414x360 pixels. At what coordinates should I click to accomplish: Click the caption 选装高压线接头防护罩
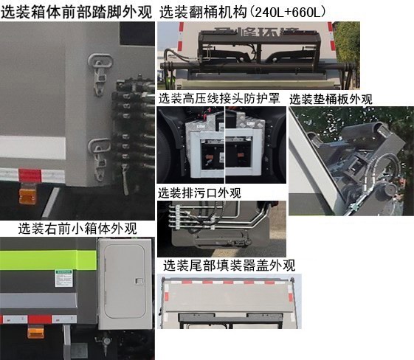coord(219,100)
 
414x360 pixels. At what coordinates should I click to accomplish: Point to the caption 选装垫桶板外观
coord(331,100)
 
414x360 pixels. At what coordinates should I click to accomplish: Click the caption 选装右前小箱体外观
coord(77,228)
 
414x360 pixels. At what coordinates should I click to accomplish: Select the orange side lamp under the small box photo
coord(35,333)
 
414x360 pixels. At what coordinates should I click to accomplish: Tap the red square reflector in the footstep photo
coord(29,175)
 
